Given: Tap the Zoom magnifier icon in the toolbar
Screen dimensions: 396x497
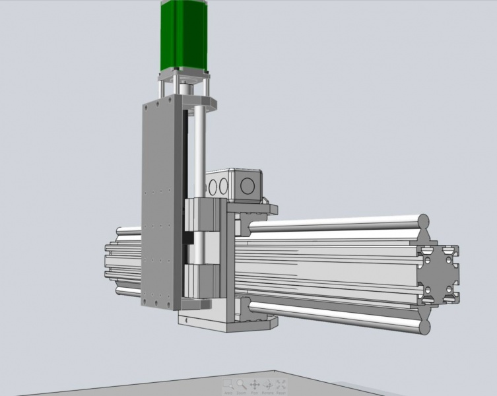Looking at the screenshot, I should click(x=241, y=383).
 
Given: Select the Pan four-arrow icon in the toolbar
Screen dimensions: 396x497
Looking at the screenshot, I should click(x=254, y=383).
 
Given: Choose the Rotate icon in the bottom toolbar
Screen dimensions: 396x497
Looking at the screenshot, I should click(x=268, y=383).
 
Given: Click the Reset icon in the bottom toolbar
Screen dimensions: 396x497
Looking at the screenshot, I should click(x=281, y=383).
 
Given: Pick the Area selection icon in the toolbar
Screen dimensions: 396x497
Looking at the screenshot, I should click(x=227, y=383).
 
